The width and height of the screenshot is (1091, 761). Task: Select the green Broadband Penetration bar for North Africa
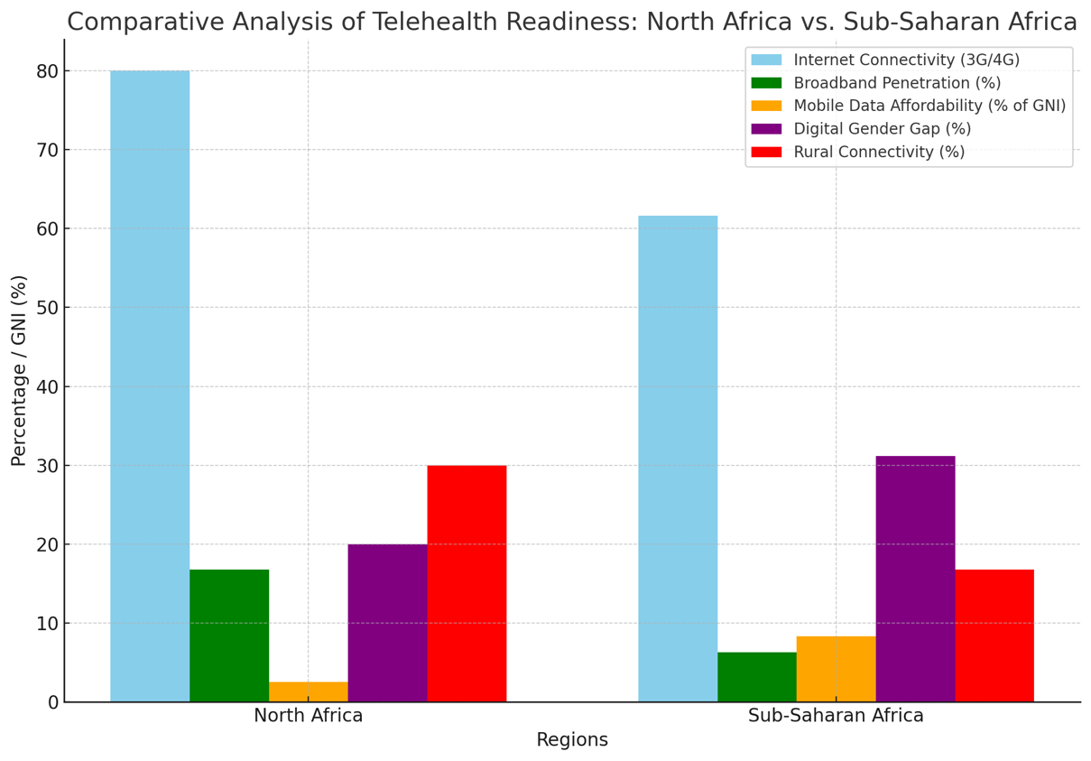pos(229,636)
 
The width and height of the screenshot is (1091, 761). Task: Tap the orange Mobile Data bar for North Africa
pos(309,692)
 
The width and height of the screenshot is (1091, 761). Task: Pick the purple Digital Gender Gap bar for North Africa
pos(387,623)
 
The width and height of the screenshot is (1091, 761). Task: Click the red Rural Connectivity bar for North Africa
pos(467,583)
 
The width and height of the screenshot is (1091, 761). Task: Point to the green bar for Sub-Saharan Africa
pos(757,677)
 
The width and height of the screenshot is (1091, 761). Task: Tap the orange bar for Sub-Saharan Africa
pos(837,669)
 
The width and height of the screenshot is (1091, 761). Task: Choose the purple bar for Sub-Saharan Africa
pos(915,579)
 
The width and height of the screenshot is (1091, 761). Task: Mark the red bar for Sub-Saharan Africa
pos(994,636)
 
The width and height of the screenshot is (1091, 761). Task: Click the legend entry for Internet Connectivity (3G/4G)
pos(906,60)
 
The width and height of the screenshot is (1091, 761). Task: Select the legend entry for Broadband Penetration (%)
pos(897,83)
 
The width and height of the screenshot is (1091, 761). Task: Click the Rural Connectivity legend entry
pos(879,152)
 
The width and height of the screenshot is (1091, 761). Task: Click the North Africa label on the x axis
pos(308,716)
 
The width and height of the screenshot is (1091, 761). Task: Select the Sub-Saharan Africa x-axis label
pos(836,716)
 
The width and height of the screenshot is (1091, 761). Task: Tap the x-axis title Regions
pos(572,740)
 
